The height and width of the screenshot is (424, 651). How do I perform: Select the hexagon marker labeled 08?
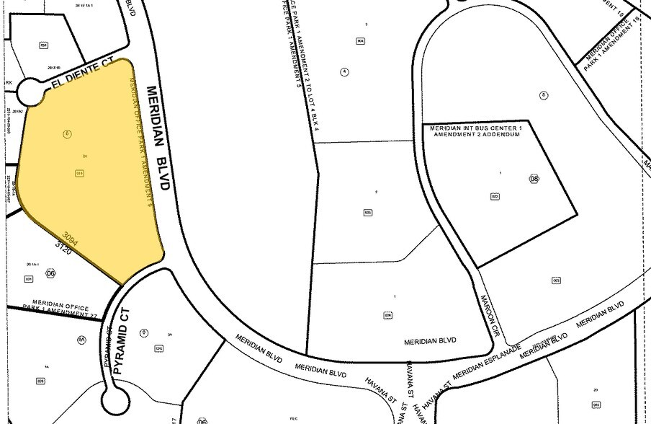[534, 178]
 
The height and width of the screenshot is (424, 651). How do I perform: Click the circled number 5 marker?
[544, 94]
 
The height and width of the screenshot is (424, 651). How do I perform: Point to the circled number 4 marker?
[345, 72]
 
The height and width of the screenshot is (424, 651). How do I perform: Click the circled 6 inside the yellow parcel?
[67, 133]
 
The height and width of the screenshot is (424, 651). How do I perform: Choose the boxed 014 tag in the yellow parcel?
[79, 172]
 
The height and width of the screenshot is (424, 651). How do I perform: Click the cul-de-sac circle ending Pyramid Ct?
[115, 396]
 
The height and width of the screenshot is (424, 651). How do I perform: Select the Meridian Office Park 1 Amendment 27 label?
[64, 306]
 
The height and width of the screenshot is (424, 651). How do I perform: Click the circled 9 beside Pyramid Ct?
[144, 332]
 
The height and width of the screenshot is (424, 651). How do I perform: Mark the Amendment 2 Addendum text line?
[475, 135]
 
